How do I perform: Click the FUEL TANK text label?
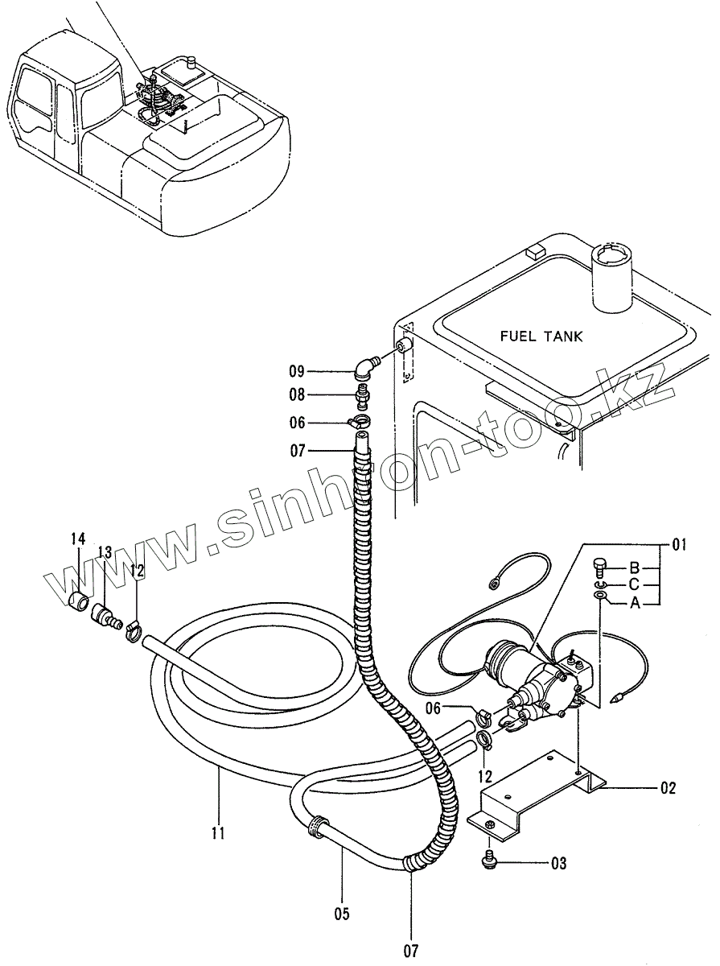[541, 336]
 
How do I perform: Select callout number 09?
[298, 371]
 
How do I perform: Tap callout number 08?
[298, 395]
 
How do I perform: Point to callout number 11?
[218, 832]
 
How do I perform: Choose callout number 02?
[668, 788]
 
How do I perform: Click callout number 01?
[678, 547]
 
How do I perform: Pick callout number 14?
[78, 538]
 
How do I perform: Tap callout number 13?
[105, 551]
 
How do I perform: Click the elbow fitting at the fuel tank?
[366, 367]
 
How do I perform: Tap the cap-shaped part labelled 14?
[78, 600]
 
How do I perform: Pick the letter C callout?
[635, 584]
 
